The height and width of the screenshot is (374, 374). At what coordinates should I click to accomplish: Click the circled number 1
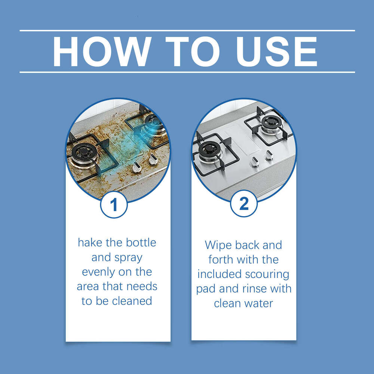pos(114,205)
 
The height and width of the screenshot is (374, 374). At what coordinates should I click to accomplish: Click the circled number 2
pos(243,204)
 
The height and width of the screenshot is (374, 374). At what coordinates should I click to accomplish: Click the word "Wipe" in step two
pos(218,245)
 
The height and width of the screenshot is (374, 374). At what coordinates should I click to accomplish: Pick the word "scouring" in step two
pos(267,274)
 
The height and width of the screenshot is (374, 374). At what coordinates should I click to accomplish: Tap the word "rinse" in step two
pos(257,289)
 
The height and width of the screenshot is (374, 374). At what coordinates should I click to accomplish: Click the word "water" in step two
pos(260,303)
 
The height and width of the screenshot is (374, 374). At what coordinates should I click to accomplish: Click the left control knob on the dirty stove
pos(137,168)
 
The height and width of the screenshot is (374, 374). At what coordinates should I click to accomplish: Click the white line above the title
pos(187,31)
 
